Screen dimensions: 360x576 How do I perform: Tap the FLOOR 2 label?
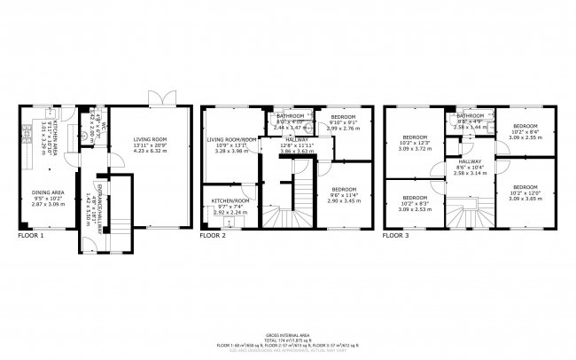tap(213, 236)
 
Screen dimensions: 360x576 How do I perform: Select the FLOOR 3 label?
tap(396, 236)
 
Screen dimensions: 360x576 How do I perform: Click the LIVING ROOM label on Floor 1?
tap(154, 139)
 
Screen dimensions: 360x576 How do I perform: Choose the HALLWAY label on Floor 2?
tap(296, 140)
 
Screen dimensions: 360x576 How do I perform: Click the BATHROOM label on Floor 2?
tap(290, 116)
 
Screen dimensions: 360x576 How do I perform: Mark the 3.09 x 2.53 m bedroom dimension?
tap(416, 210)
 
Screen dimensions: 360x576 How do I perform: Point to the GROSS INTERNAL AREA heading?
tap(289, 327)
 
